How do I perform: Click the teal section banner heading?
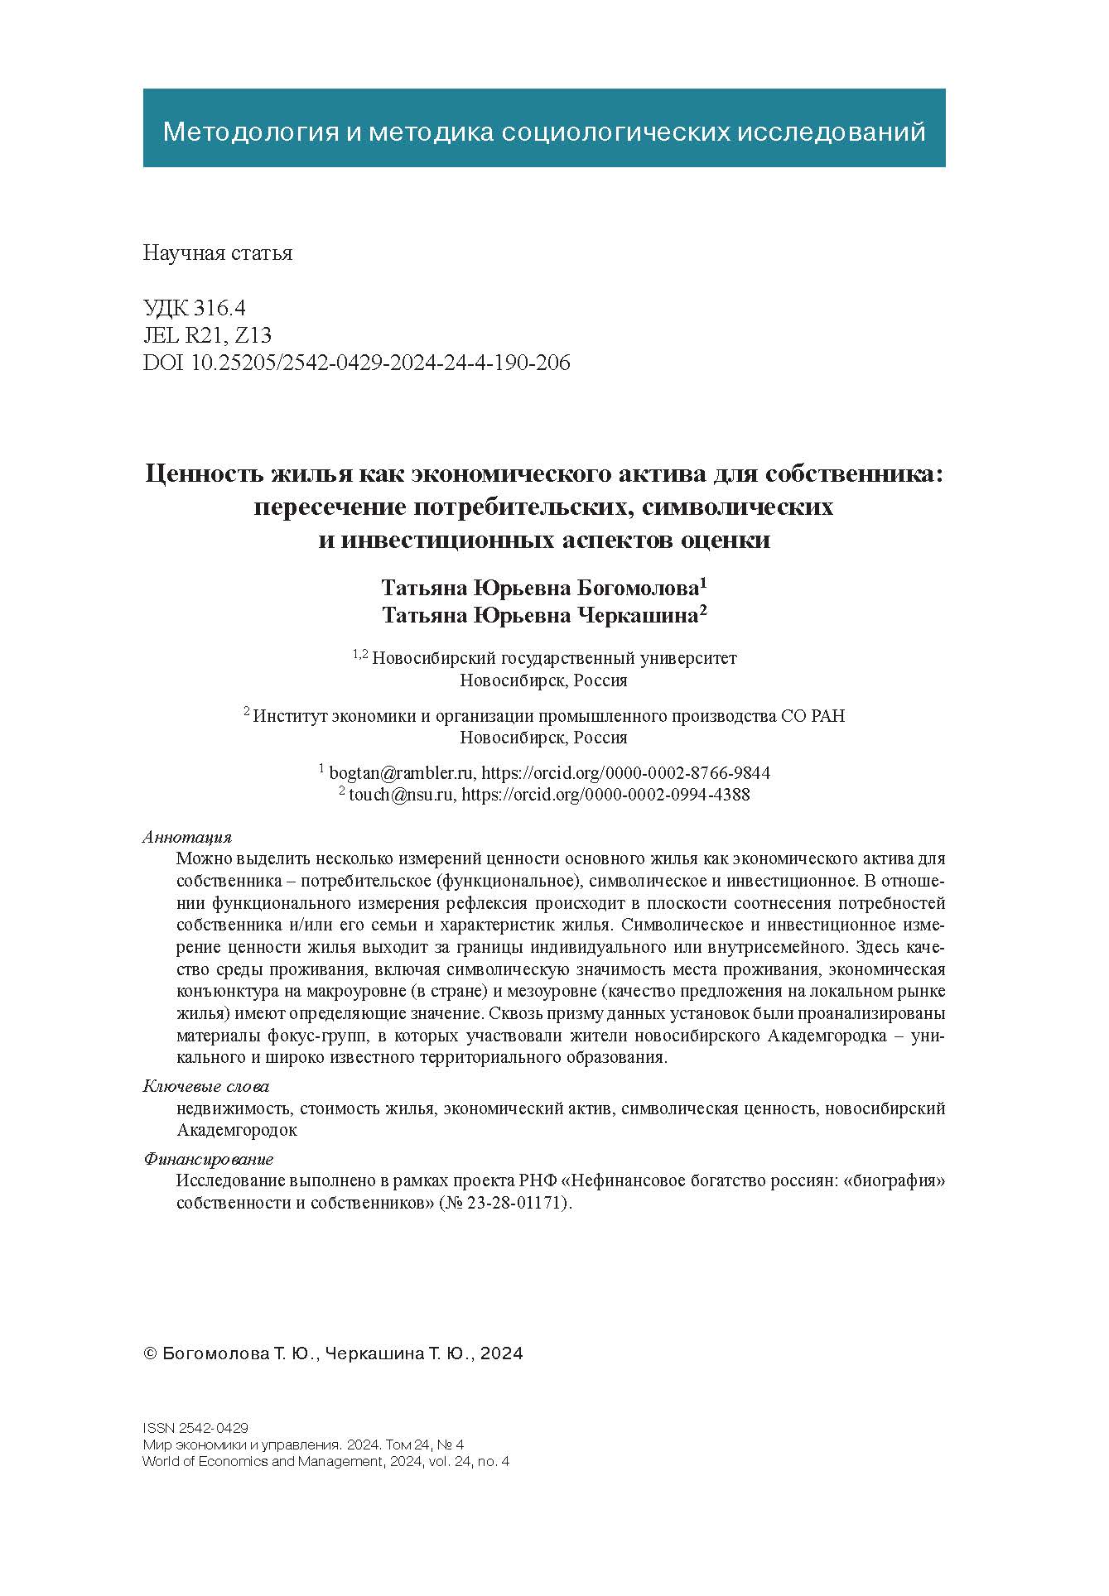click(x=543, y=132)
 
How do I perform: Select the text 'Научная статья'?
click(x=217, y=253)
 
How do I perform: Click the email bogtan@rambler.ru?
click(x=402, y=773)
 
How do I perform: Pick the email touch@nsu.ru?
click(x=402, y=796)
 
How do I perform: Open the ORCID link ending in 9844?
click(x=625, y=773)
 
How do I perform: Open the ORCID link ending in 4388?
click(x=605, y=796)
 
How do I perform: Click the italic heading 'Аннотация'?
click(x=187, y=837)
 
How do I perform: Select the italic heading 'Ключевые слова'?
click(x=206, y=1086)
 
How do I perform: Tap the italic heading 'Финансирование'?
click(x=208, y=1159)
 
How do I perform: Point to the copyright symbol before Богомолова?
click(x=150, y=1354)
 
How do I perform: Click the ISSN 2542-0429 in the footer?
click(x=195, y=1428)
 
